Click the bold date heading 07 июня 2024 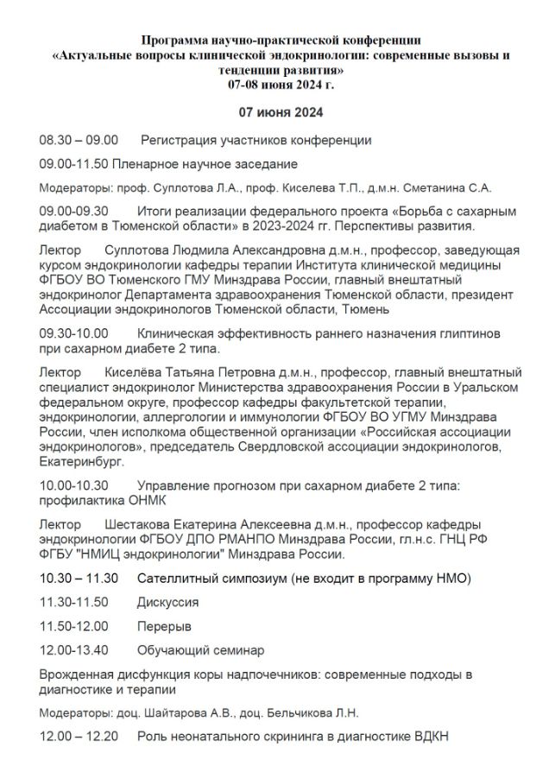(281, 113)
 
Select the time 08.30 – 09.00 (79, 140)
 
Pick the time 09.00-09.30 (74, 211)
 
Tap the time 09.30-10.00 (74, 333)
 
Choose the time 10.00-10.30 (74, 486)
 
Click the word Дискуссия (168, 602)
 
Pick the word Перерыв (165, 625)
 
